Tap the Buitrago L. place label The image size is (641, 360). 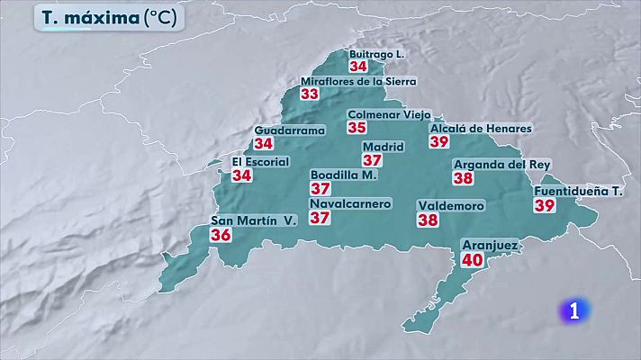(x=376, y=54)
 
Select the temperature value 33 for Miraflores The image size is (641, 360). (x=310, y=94)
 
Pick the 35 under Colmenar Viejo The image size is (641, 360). (x=357, y=127)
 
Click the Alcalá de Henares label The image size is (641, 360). (x=481, y=129)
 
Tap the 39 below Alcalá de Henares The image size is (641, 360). (x=439, y=141)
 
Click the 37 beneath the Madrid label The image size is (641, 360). (x=373, y=160)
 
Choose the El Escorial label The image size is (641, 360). (x=260, y=162)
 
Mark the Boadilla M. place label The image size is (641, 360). (x=343, y=175)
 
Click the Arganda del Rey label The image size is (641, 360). (x=501, y=165)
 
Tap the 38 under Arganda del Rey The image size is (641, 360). (x=463, y=178)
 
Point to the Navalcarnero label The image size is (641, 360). (x=350, y=204)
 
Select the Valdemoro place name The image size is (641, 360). (x=451, y=206)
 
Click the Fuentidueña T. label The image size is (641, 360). (x=579, y=192)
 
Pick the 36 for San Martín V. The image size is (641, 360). (x=221, y=234)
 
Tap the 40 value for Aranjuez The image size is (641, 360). (x=472, y=259)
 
